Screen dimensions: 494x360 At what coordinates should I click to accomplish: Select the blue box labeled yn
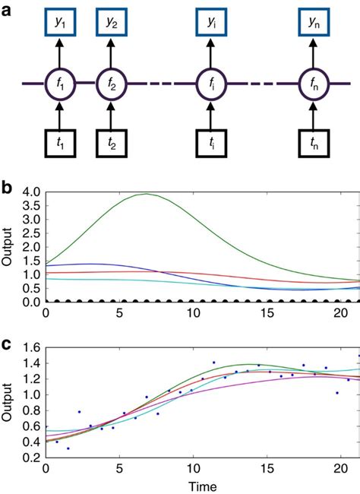[314, 24]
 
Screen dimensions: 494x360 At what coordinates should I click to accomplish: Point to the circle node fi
[211, 83]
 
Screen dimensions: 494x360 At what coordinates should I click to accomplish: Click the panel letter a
[7, 10]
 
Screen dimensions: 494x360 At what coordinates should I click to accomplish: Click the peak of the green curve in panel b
[147, 194]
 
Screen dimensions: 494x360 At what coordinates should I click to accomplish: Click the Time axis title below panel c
[203, 486]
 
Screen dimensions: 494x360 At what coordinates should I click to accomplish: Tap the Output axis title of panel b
[9, 248]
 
